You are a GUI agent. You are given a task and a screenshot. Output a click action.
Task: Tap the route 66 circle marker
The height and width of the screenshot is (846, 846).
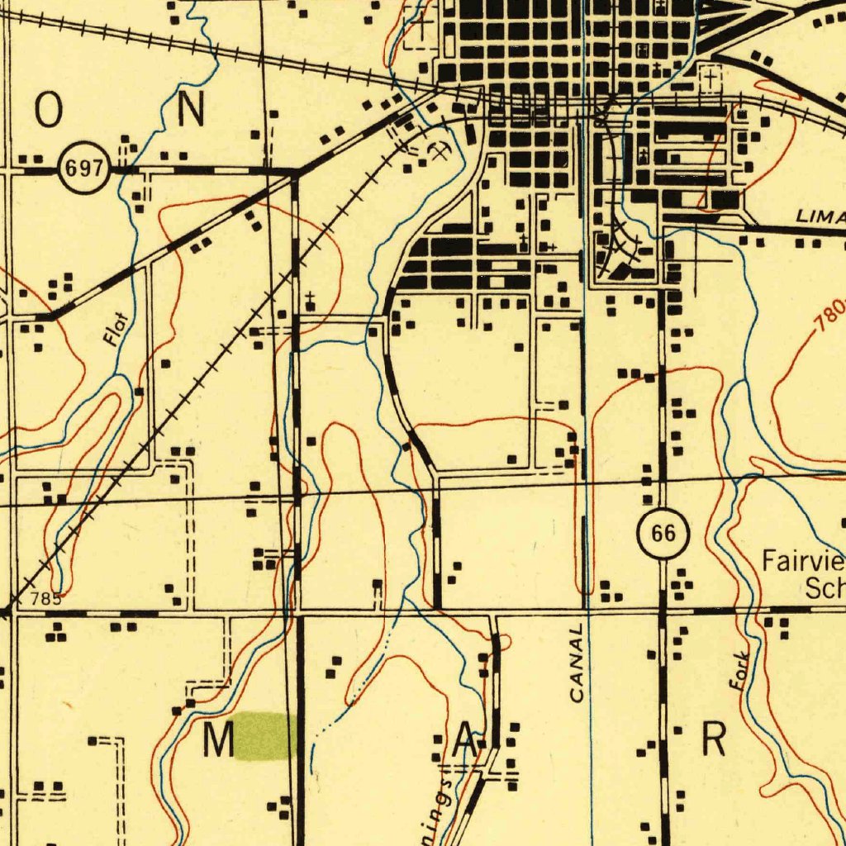coord(663,535)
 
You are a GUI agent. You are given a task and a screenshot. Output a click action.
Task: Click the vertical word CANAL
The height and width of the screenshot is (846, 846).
coord(577,663)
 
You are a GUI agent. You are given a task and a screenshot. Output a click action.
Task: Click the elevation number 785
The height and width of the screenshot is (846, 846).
coord(45,599)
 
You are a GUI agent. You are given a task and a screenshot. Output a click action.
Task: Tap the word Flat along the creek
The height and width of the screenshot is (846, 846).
coord(116,327)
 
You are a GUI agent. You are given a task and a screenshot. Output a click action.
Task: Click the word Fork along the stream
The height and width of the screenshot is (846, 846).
coord(740,671)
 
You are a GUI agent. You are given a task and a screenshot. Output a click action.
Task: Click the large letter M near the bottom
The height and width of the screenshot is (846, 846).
coord(219,740)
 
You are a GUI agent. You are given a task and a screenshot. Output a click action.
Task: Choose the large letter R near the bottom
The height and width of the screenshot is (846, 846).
coord(714,740)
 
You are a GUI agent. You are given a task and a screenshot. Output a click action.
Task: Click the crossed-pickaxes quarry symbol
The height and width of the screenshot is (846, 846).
coord(439,151)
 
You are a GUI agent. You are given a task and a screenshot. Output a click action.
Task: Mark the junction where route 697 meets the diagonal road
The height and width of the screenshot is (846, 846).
coord(297,172)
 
